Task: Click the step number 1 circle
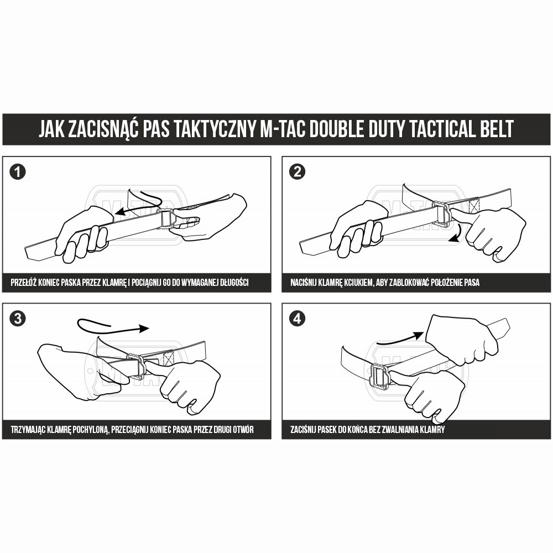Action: coord(18,172)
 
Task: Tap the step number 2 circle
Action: coord(298,172)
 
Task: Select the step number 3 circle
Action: coord(18,319)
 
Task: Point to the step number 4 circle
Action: coord(298,319)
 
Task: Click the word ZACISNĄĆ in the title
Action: coord(103,129)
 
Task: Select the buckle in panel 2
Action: coord(443,215)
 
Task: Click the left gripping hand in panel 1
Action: coord(83,232)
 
